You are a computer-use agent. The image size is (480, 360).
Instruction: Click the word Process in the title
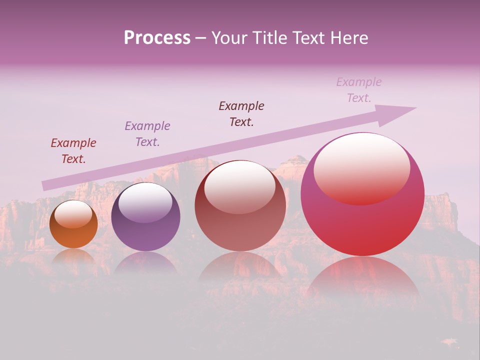(x=157, y=38)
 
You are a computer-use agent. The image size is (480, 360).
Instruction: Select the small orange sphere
(x=73, y=235)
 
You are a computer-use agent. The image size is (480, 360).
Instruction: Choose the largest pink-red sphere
(x=362, y=225)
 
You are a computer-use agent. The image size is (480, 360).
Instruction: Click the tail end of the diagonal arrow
(x=46, y=185)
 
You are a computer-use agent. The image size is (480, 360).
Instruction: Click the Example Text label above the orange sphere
(x=73, y=151)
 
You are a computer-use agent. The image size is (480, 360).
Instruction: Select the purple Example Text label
(x=147, y=134)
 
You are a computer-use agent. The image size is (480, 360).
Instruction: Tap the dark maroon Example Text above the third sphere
(x=241, y=114)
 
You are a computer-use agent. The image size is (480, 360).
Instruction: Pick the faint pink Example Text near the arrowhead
(x=359, y=90)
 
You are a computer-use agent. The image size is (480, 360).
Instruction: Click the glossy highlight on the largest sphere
(x=361, y=168)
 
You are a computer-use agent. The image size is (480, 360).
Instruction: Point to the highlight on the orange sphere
(x=73, y=214)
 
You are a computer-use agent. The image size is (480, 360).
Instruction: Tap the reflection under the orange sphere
(x=73, y=257)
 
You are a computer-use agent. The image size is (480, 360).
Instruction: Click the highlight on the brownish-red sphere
(x=240, y=186)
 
